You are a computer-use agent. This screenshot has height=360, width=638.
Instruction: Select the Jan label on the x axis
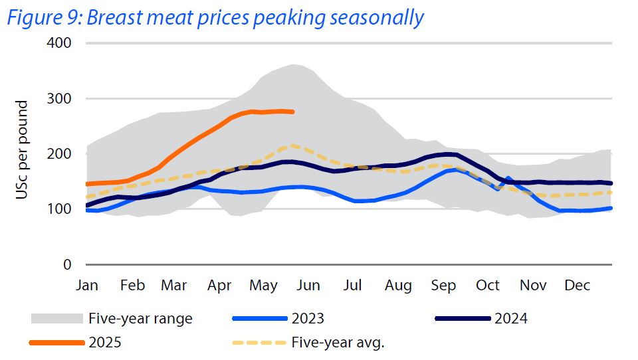pyautogui.click(x=87, y=286)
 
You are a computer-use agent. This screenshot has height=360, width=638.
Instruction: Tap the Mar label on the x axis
pyautogui.click(x=174, y=286)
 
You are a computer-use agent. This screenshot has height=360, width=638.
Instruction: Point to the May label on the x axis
pyautogui.click(x=264, y=286)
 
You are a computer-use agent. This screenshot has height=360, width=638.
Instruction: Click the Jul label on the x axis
pyautogui.click(x=353, y=286)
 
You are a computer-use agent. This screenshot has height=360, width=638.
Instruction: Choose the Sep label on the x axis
pyautogui.click(x=443, y=286)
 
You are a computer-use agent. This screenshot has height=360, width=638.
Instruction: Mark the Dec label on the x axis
pyautogui.click(x=578, y=286)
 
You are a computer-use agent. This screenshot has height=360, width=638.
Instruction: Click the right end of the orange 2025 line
pyautogui.click(x=292, y=112)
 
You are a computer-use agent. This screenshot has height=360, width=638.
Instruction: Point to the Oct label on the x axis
pyautogui.click(x=488, y=286)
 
